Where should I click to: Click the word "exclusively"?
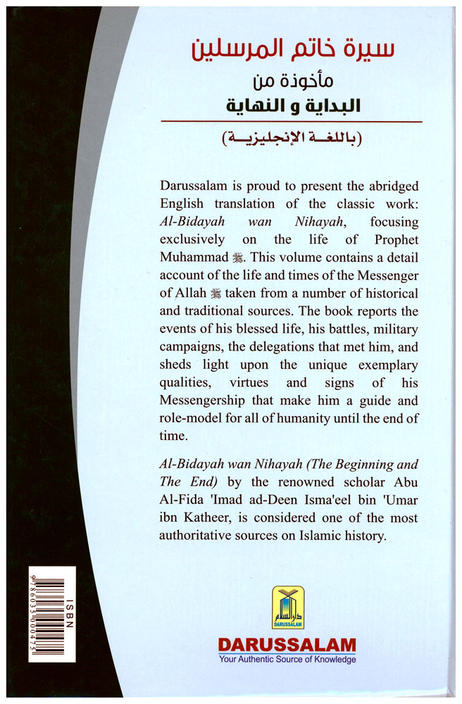[x=193, y=239]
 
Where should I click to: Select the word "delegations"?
[x=281, y=347]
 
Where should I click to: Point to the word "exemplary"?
[x=382, y=365]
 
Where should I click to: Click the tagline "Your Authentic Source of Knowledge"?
[x=287, y=660]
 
